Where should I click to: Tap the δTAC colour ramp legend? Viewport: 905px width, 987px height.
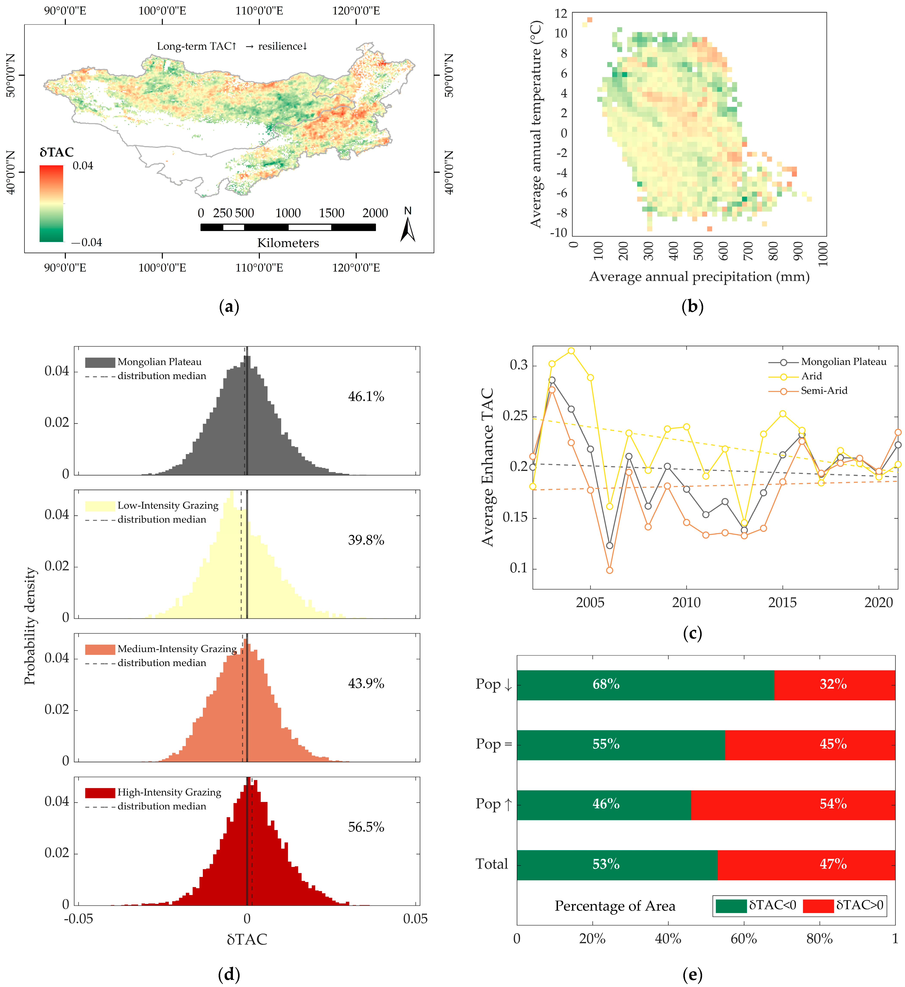pyautogui.click(x=51, y=203)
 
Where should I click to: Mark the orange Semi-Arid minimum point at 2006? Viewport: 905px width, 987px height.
pyautogui.click(x=610, y=570)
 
